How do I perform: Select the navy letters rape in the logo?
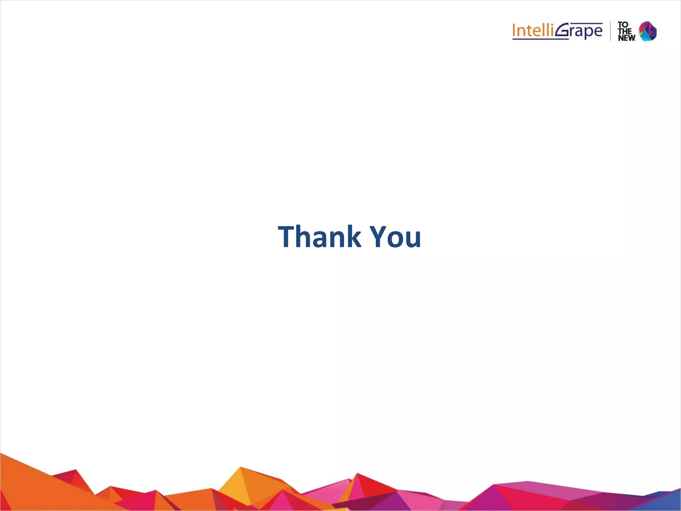click(x=587, y=32)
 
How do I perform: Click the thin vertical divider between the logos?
click(x=611, y=31)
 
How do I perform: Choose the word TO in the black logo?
click(x=623, y=25)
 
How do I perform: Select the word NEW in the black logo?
click(x=626, y=38)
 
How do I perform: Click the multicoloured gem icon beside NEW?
click(x=648, y=31)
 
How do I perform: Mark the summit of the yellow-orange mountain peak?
click(x=240, y=467)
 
